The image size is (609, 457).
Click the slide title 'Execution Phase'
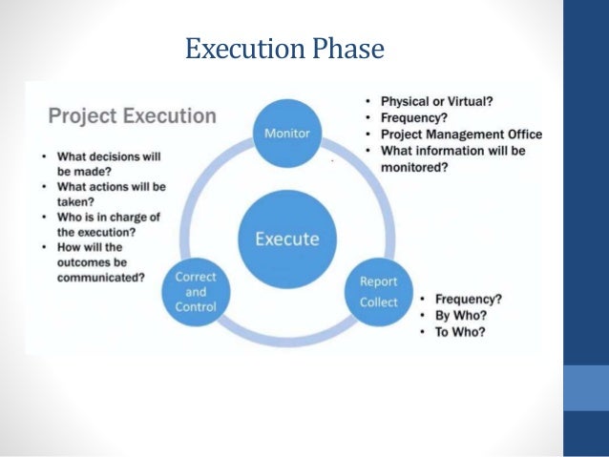point(284,48)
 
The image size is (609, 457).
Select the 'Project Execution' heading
point(132,116)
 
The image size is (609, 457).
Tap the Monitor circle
point(286,133)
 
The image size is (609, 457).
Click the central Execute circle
point(287,238)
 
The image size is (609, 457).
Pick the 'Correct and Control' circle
point(195,292)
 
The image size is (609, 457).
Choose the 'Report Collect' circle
point(379,292)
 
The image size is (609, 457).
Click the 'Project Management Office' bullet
point(460,135)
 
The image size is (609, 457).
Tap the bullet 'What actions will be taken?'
point(105,195)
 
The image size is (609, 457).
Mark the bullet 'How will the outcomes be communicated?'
point(100,263)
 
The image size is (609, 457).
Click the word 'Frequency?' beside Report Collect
point(468,299)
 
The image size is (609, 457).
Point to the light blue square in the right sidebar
point(586,387)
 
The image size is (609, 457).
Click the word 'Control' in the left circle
point(195,307)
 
